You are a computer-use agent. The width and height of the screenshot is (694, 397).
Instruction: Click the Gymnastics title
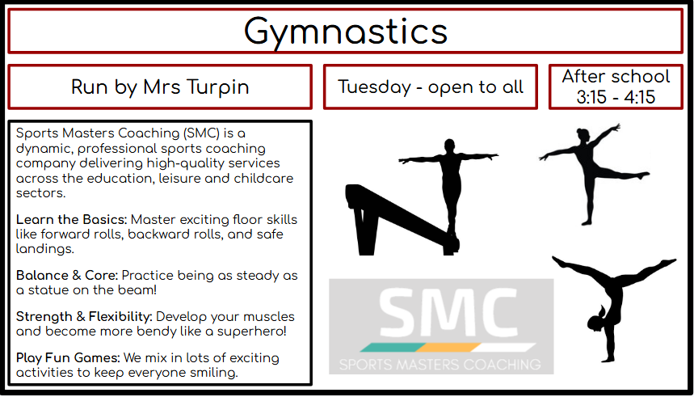pyautogui.click(x=346, y=32)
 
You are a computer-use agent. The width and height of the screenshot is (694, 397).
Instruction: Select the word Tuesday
pyautogui.click(x=375, y=87)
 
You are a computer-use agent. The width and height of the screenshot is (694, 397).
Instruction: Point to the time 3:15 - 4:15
pyautogui.click(x=616, y=97)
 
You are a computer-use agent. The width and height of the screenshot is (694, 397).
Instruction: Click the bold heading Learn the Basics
pyautogui.click(x=72, y=219)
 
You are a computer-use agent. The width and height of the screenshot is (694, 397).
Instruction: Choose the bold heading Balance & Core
pyautogui.click(x=67, y=275)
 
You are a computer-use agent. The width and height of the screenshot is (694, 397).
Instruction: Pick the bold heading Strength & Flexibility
pyautogui.click(x=84, y=316)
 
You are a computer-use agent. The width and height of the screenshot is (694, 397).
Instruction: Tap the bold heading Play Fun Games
pyautogui.click(x=68, y=357)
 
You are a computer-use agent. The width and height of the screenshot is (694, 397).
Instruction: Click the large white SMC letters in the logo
pyautogui.click(x=448, y=313)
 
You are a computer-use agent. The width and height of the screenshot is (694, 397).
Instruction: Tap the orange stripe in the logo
pyautogui.click(x=448, y=348)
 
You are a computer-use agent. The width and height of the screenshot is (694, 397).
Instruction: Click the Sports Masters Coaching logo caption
pyautogui.click(x=440, y=365)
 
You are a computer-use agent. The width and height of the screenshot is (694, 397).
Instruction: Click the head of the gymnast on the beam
pyautogui.click(x=449, y=146)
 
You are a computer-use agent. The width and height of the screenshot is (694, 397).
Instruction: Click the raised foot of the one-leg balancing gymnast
pyautogui.click(x=643, y=175)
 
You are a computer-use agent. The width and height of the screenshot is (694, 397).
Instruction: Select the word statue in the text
pyautogui.click(x=49, y=290)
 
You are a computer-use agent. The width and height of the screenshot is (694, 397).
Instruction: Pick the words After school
pyautogui.click(x=616, y=76)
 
